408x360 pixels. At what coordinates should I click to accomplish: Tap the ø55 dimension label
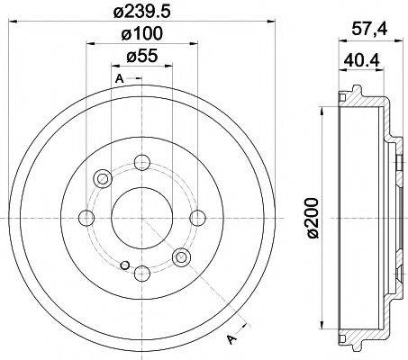(140, 58)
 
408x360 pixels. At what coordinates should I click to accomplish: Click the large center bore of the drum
(141, 217)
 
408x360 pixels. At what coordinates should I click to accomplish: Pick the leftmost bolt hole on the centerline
(86, 217)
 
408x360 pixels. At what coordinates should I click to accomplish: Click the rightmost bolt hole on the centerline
(196, 217)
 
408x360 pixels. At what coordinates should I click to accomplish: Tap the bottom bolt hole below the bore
(141, 272)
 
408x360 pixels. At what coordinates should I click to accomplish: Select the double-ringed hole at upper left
(102, 178)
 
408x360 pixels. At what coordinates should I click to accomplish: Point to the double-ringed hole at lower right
(181, 258)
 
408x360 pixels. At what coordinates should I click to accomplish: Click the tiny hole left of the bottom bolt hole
(125, 266)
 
